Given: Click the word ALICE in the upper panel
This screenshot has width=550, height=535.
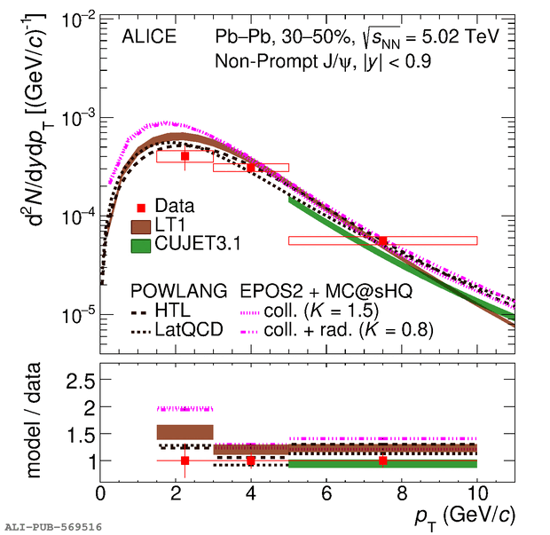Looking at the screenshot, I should [149, 37].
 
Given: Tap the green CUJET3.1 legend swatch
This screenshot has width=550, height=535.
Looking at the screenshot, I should [140, 244].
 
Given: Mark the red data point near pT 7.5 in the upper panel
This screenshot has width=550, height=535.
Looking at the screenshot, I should [382, 240].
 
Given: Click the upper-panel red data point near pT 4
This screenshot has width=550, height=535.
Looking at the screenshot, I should [251, 167].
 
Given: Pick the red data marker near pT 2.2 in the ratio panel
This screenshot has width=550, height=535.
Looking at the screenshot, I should [185, 460].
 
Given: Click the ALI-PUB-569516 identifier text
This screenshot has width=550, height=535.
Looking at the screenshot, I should [53, 526].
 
